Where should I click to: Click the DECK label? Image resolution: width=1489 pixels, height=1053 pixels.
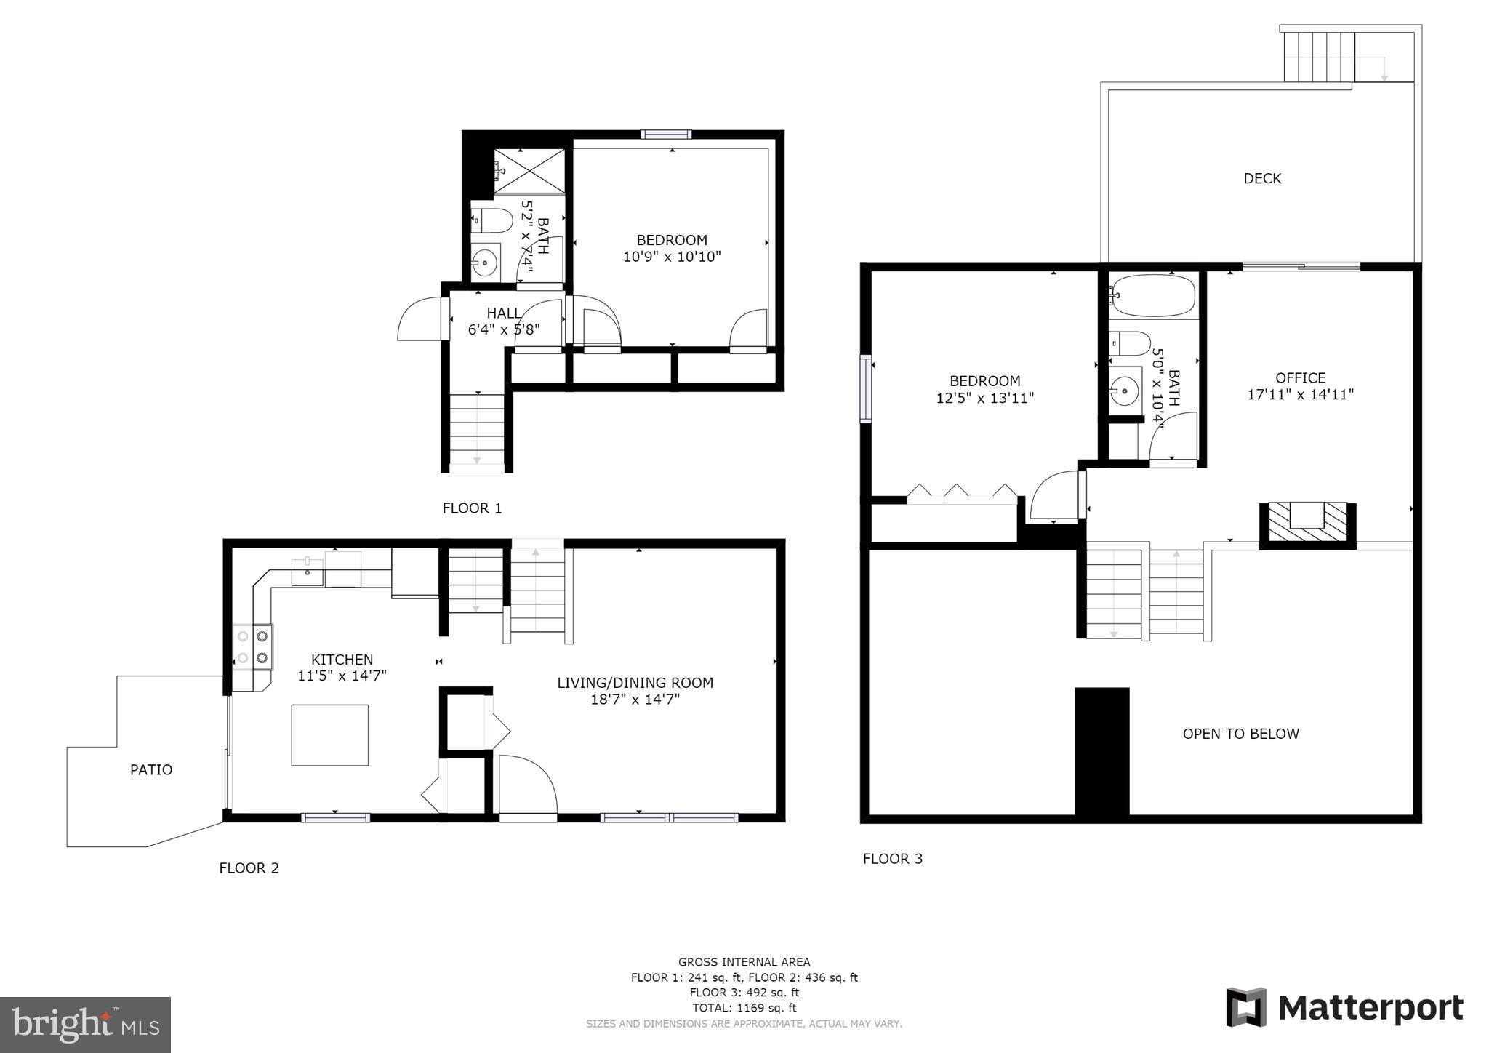tap(1262, 178)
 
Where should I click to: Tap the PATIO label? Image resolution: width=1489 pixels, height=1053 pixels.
tap(151, 769)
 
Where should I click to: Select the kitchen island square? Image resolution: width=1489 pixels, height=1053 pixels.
tap(329, 734)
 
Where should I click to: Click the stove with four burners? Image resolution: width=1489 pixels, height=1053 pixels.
tap(252, 647)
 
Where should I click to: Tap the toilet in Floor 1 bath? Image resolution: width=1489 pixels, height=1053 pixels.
tap(483, 219)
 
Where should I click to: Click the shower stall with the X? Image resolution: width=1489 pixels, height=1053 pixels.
tap(529, 171)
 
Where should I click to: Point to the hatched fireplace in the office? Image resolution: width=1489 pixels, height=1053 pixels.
tap(1307, 523)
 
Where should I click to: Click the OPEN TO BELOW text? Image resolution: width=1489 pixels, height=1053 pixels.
tap(1240, 734)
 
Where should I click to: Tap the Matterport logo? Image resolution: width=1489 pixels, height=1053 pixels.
tap(1344, 1008)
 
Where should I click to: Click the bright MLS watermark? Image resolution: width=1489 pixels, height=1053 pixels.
tap(85, 1025)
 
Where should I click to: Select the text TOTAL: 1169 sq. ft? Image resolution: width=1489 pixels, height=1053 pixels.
tap(744, 1008)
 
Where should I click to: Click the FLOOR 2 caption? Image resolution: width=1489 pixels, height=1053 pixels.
tap(249, 868)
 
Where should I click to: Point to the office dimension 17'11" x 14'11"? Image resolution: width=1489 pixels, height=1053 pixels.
tap(1300, 395)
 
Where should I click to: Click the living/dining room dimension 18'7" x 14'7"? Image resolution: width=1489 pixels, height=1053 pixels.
tap(635, 700)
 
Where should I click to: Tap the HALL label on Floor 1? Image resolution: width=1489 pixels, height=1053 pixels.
tap(503, 313)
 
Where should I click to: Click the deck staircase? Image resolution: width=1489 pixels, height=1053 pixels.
tap(1319, 57)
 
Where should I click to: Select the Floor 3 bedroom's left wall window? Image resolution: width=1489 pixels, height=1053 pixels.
tap(865, 389)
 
